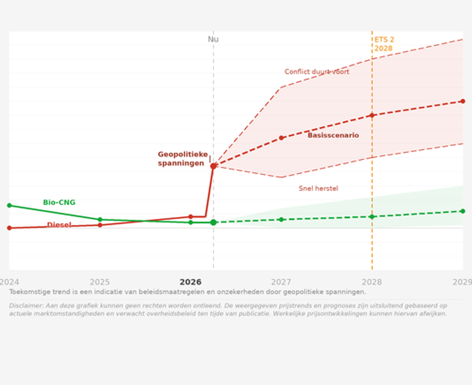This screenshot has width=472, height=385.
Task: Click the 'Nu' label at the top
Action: coord(213,39)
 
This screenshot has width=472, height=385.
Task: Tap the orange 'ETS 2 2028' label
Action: coord(384,44)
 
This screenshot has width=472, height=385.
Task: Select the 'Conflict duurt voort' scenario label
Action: coord(317,72)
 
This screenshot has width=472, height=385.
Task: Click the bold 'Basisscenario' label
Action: coord(333,135)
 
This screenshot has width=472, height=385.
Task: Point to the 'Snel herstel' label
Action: coord(318,188)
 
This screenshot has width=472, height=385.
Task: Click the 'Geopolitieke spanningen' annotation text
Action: coord(182,158)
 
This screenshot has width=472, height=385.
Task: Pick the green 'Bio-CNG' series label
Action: coord(59,202)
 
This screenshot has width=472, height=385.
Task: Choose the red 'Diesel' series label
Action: coord(59,225)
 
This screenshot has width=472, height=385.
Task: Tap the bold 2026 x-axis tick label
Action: coord(190,282)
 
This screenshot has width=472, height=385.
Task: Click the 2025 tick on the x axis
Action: coord(100,282)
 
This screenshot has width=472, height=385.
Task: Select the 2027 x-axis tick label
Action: coord(281,282)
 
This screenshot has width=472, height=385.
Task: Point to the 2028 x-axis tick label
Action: coord(372,282)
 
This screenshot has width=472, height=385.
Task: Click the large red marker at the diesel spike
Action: coord(213,166)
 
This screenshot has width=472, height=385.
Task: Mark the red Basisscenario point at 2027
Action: coord(281,137)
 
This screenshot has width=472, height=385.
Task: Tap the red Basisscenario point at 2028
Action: coord(372,115)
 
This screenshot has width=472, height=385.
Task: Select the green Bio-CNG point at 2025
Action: coord(100,219)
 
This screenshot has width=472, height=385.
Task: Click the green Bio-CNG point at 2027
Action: coord(281,219)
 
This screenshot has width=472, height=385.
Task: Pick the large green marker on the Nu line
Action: coord(213,222)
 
